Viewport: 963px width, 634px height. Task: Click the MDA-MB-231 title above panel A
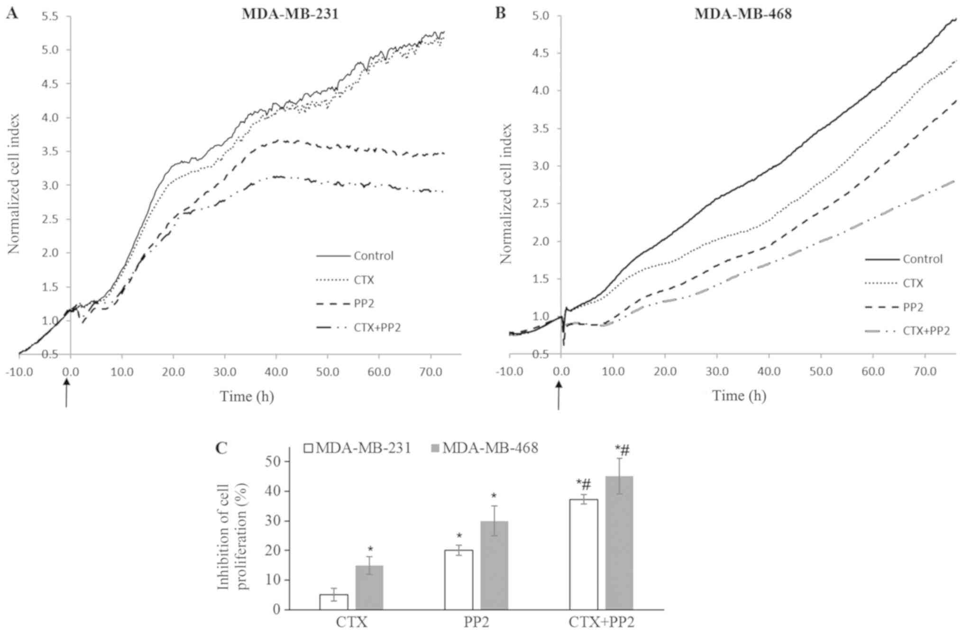(x=290, y=14)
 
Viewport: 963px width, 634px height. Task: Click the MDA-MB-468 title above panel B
(x=743, y=14)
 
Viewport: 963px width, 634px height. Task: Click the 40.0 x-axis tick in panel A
(x=276, y=372)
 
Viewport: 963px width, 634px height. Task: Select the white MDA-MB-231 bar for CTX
(x=334, y=602)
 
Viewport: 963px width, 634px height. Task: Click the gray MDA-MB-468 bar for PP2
(x=494, y=565)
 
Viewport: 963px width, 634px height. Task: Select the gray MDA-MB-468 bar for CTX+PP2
(x=619, y=543)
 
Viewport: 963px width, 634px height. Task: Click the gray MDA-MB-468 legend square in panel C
(x=436, y=448)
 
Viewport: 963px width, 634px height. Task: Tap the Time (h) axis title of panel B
(x=739, y=395)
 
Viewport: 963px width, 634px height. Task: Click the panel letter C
(x=221, y=448)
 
